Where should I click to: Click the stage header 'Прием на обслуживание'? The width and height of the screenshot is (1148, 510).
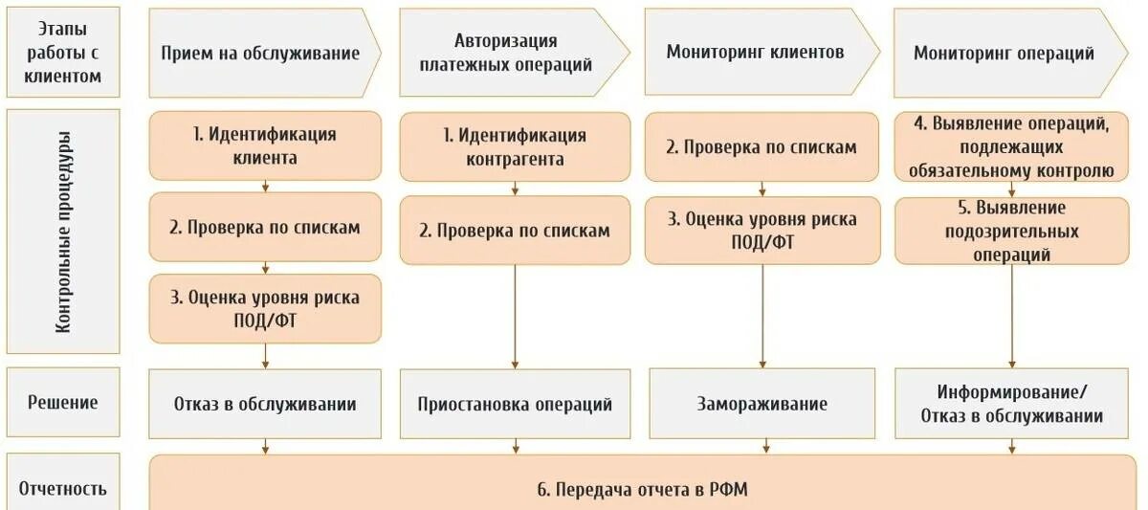pyautogui.click(x=260, y=53)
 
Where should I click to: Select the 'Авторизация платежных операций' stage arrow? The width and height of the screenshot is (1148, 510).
pyautogui.click(x=511, y=53)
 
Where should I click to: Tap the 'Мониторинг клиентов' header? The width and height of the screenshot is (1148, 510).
pyautogui.click(x=755, y=52)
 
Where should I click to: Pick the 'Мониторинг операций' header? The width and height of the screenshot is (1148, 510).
pyautogui.click(x=1004, y=53)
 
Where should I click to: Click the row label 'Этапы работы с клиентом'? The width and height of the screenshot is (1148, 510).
pyautogui.click(x=62, y=53)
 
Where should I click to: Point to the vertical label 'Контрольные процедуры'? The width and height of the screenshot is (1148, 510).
pyautogui.click(x=62, y=232)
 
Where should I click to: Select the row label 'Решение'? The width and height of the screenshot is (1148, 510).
pyautogui.click(x=62, y=402)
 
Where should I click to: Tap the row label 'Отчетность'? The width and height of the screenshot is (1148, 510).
pyautogui.click(x=62, y=489)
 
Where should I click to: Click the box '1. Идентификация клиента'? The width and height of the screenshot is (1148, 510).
pyautogui.click(x=265, y=145)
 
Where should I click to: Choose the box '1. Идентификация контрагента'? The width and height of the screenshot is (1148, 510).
pyautogui.click(x=515, y=146)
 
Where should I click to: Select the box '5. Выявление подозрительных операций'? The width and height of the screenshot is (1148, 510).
pyautogui.click(x=1011, y=231)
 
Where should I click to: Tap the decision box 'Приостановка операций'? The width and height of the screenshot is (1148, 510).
pyautogui.click(x=515, y=404)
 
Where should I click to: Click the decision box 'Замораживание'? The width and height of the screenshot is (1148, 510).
pyautogui.click(x=762, y=404)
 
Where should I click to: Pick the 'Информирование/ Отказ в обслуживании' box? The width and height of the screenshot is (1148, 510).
pyautogui.click(x=1011, y=404)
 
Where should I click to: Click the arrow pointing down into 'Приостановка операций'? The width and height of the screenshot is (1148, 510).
pyautogui.click(x=515, y=363)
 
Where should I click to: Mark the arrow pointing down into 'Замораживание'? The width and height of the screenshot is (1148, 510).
pyautogui.click(x=762, y=362)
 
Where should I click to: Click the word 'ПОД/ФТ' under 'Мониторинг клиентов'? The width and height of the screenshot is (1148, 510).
pyautogui.click(x=762, y=242)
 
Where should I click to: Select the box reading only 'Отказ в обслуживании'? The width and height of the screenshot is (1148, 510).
pyautogui.click(x=265, y=404)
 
